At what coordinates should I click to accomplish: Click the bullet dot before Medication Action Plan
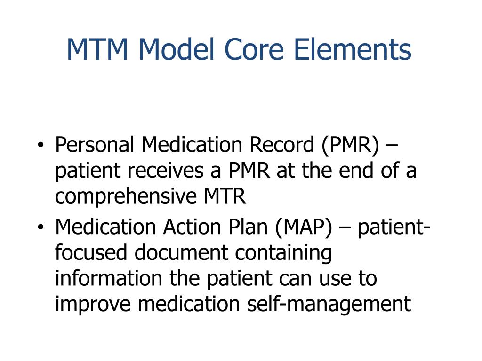tap(41, 228)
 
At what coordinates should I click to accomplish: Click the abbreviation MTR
tap(225, 196)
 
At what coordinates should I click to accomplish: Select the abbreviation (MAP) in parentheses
tap(304, 228)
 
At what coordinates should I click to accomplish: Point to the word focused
tap(91, 253)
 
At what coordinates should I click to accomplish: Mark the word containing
tap(284, 253)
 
